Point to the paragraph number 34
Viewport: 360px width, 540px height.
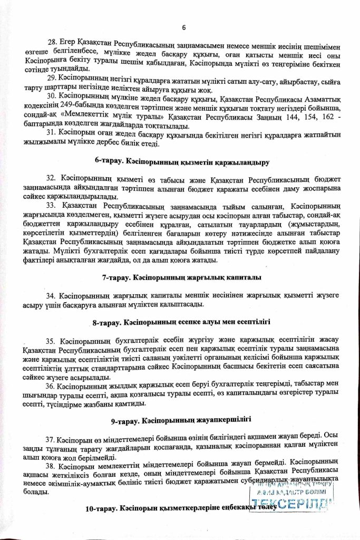pos(52,296)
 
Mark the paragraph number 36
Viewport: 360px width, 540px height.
pos(52,386)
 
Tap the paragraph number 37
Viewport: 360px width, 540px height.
pos(52,438)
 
